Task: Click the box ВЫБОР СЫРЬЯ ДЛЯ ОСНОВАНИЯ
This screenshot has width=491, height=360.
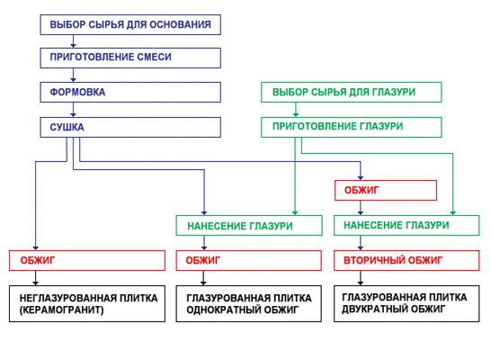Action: [130, 24]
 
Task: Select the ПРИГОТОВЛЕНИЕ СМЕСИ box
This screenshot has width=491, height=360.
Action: [130, 58]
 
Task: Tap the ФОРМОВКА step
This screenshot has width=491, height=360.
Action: [130, 92]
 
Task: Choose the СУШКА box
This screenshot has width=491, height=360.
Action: [130, 127]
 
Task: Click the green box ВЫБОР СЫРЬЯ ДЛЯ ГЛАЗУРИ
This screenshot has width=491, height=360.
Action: [351, 92]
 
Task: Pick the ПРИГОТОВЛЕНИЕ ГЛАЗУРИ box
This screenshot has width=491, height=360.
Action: [351, 127]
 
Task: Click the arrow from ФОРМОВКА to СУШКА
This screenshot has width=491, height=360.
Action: [73, 109]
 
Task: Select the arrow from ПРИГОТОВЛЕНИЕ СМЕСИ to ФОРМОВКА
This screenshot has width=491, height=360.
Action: [73, 75]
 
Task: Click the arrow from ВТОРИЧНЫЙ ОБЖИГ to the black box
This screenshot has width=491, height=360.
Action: [362, 279]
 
